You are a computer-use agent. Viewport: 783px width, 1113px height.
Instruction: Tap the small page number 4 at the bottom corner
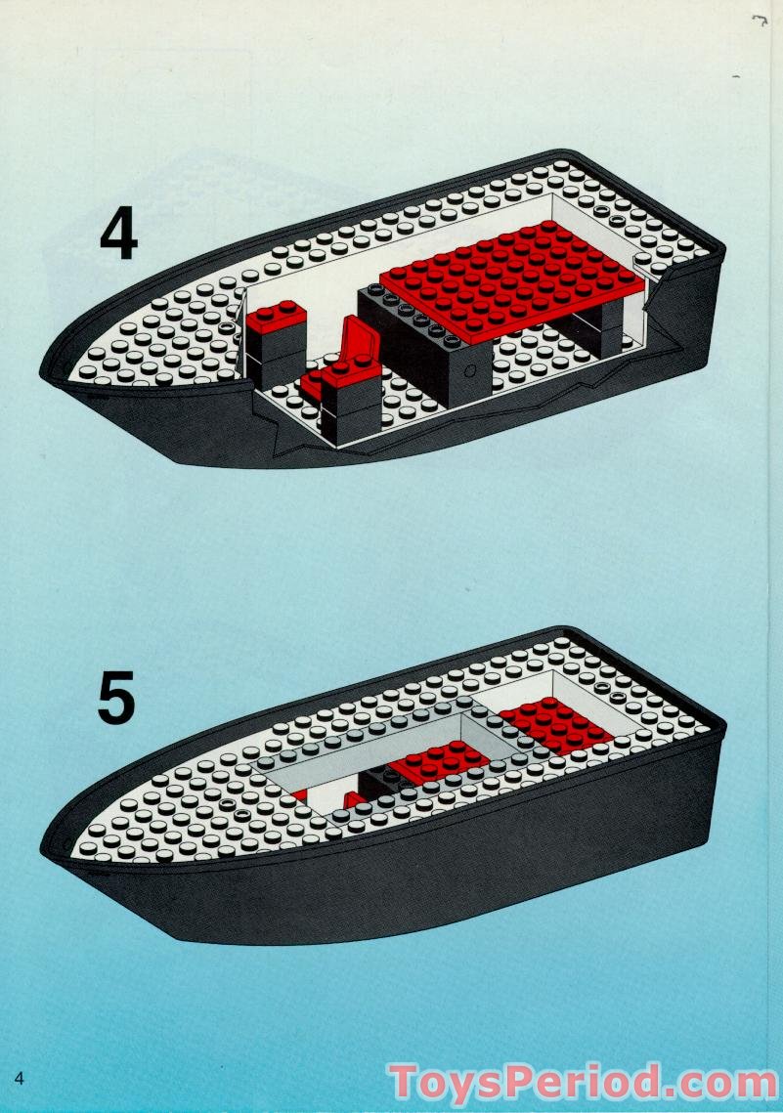point(19,1078)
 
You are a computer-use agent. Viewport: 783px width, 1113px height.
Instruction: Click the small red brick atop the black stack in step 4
point(276,318)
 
